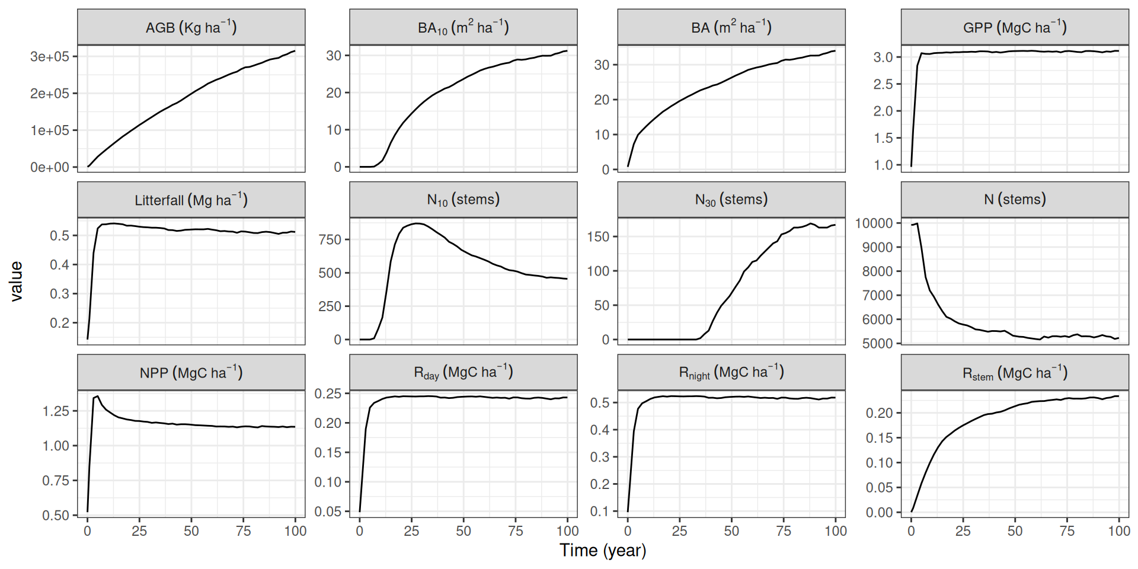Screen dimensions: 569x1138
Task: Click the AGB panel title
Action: click(x=191, y=27)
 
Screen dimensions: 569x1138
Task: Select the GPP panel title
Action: click(x=1015, y=27)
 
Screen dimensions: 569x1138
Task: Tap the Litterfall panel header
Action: click(x=191, y=200)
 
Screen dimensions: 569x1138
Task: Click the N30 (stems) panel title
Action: click(x=731, y=200)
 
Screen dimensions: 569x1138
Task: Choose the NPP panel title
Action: click(x=191, y=372)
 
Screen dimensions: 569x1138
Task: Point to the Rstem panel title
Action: click(x=1015, y=373)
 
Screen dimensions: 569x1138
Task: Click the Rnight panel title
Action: click(x=731, y=372)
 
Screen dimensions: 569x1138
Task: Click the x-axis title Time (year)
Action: click(x=603, y=551)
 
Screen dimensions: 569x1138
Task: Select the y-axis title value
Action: click(x=16, y=282)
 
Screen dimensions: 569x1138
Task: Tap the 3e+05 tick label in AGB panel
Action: click(x=50, y=56)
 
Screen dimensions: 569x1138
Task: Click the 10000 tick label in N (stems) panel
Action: click(x=874, y=223)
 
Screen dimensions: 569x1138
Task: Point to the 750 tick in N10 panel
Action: click(x=330, y=239)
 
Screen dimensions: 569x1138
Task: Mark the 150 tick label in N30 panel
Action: click(x=598, y=236)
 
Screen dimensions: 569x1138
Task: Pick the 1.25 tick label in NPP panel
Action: click(x=56, y=411)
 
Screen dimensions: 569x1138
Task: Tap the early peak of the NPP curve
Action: click(x=97, y=396)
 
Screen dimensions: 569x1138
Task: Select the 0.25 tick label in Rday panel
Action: click(x=328, y=394)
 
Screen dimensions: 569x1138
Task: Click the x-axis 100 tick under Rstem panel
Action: click(x=1119, y=531)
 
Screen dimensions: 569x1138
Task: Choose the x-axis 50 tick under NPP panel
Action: click(x=191, y=531)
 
